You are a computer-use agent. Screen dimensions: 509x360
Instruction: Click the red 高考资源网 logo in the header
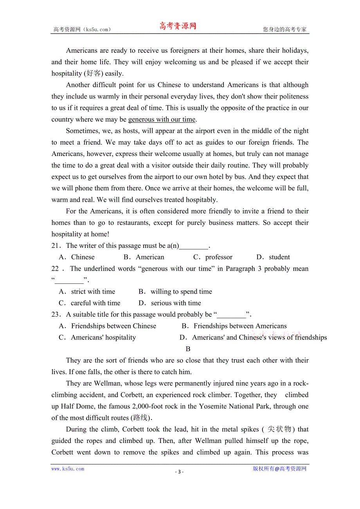pyautogui.click(x=177, y=26)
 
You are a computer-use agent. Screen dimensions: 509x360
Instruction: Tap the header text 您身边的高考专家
pyautogui.click(x=284, y=29)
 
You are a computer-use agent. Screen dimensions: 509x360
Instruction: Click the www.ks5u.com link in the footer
pyautogui.click(x=68, y=469)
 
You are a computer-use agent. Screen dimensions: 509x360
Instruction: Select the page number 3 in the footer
pyautogui.click(x=179, y=471)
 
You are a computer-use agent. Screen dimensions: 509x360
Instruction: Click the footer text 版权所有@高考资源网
pyautogui.click(x=279, y=469)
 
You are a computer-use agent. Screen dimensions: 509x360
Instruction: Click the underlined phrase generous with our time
pyautogui.click(x=162, y=120)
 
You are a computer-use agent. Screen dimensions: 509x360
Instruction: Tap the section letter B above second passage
pyautogui.click(x=188, y=349)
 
